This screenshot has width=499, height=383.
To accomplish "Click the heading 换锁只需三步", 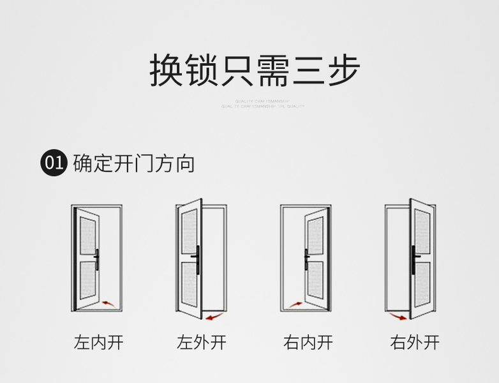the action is tap(255, 70).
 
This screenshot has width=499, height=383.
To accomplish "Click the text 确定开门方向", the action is tap(134, 163).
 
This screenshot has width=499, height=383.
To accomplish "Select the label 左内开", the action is tap(98, 343).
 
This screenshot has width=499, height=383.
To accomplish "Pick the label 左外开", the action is tap(201, 343).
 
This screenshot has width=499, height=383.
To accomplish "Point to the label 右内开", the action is tap(308, 343).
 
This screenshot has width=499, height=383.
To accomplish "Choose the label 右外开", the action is tap(414, 343).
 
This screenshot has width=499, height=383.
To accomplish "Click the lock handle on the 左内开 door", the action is tap(96, 259).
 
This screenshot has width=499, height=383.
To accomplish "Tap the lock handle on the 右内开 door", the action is tap(307, 259).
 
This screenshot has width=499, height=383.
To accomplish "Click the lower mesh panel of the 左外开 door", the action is tap(188, 285).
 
